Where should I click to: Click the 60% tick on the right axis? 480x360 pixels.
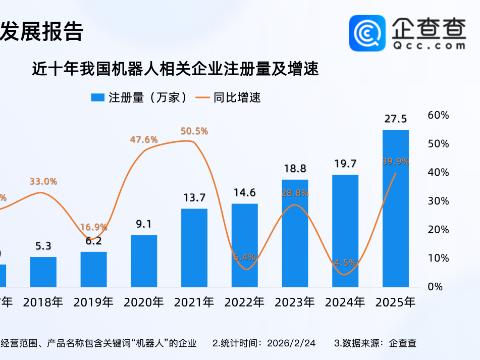pyautogui.click(x=438, y=115)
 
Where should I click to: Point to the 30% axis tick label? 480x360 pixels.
pyautogui.click(x=438, y=201)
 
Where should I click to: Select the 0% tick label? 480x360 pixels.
pyautogui.click(x=435, y=286)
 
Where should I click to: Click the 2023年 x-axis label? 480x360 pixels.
pyautogui.click(x=295, y=302)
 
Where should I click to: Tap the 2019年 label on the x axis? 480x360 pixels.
pyautogui.click(x=93, y=302)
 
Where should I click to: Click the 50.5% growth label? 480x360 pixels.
pyautogui.click(x=194, y=131)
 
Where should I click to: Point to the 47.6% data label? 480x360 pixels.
pyautogui.click(x=144, y=139)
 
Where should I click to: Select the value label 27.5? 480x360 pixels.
pyautogui.click(x=395, y=119)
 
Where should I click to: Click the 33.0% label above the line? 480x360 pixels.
pyautogui.click(x=43, y=181)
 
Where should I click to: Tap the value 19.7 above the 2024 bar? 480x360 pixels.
pyautogui.click(x=345, y=164)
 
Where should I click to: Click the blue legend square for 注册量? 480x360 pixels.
pyautogui.click(x=97, y=98)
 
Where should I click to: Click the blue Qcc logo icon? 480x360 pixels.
pyautogui.click(x=367, y=33)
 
